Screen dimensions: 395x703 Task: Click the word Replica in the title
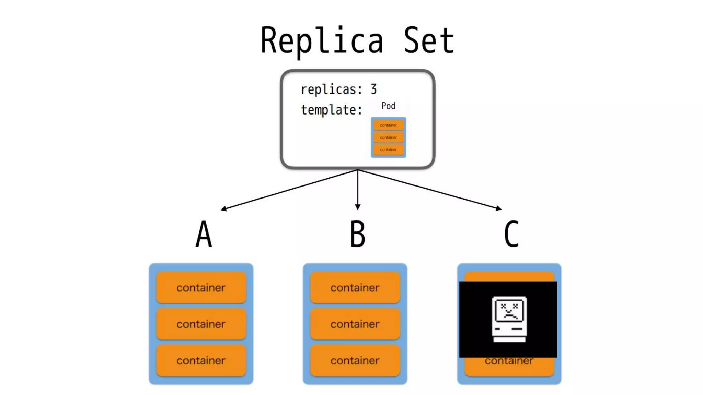pyautogui.click(x=322, y=41)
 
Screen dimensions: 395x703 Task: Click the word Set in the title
pyautogui.click(x=429, y=41)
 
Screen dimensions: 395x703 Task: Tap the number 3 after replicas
pyautogui.click(x=373, y=89)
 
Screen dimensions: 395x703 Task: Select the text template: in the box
pyautogui.click(x=332, y=110)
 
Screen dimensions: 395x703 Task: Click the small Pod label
pyautogui.click(x=388, y=106)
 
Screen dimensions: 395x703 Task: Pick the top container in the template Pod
pyautogui.click(x=388, y=125)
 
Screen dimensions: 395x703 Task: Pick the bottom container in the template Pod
pyautogui.click(x=388, y=149)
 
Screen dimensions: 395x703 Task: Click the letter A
pyautogui.click(x=204, y=234)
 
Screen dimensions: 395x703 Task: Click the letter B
pyautogui.click(x=357, y=234)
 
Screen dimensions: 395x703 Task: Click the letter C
pyautogui.click(x=511, y=234)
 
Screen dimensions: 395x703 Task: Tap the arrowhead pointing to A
pyautogui.click(x=223, y=208)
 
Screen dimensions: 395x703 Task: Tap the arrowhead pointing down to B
pyautogui.click(x=358, y=207)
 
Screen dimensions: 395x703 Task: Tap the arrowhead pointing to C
pyautogui.click(x=499, y=208)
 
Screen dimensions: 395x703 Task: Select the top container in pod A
pyautogui.click(x=201, y=287)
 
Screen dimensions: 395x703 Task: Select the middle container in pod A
pyautogui.click(x=201, y=324)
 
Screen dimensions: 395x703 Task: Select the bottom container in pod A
pyautogui.click(x=201, y=360)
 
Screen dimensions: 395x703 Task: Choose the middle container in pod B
pyautogui.click(x=355, y=324)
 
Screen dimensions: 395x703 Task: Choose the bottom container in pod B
pyautogui.click(x=355, y=360)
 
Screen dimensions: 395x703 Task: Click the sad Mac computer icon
pyautogui.click(x=509, y=319)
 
